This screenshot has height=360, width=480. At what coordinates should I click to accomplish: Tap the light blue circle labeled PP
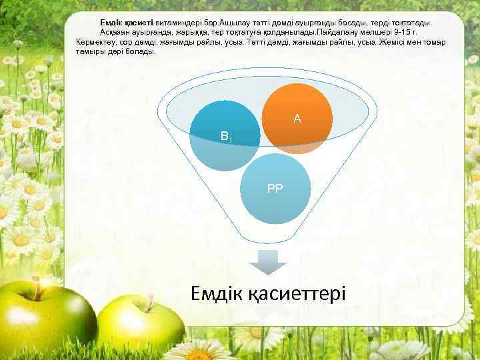275,189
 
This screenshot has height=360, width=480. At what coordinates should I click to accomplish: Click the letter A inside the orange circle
297,119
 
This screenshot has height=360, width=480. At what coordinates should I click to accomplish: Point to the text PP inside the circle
275,189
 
